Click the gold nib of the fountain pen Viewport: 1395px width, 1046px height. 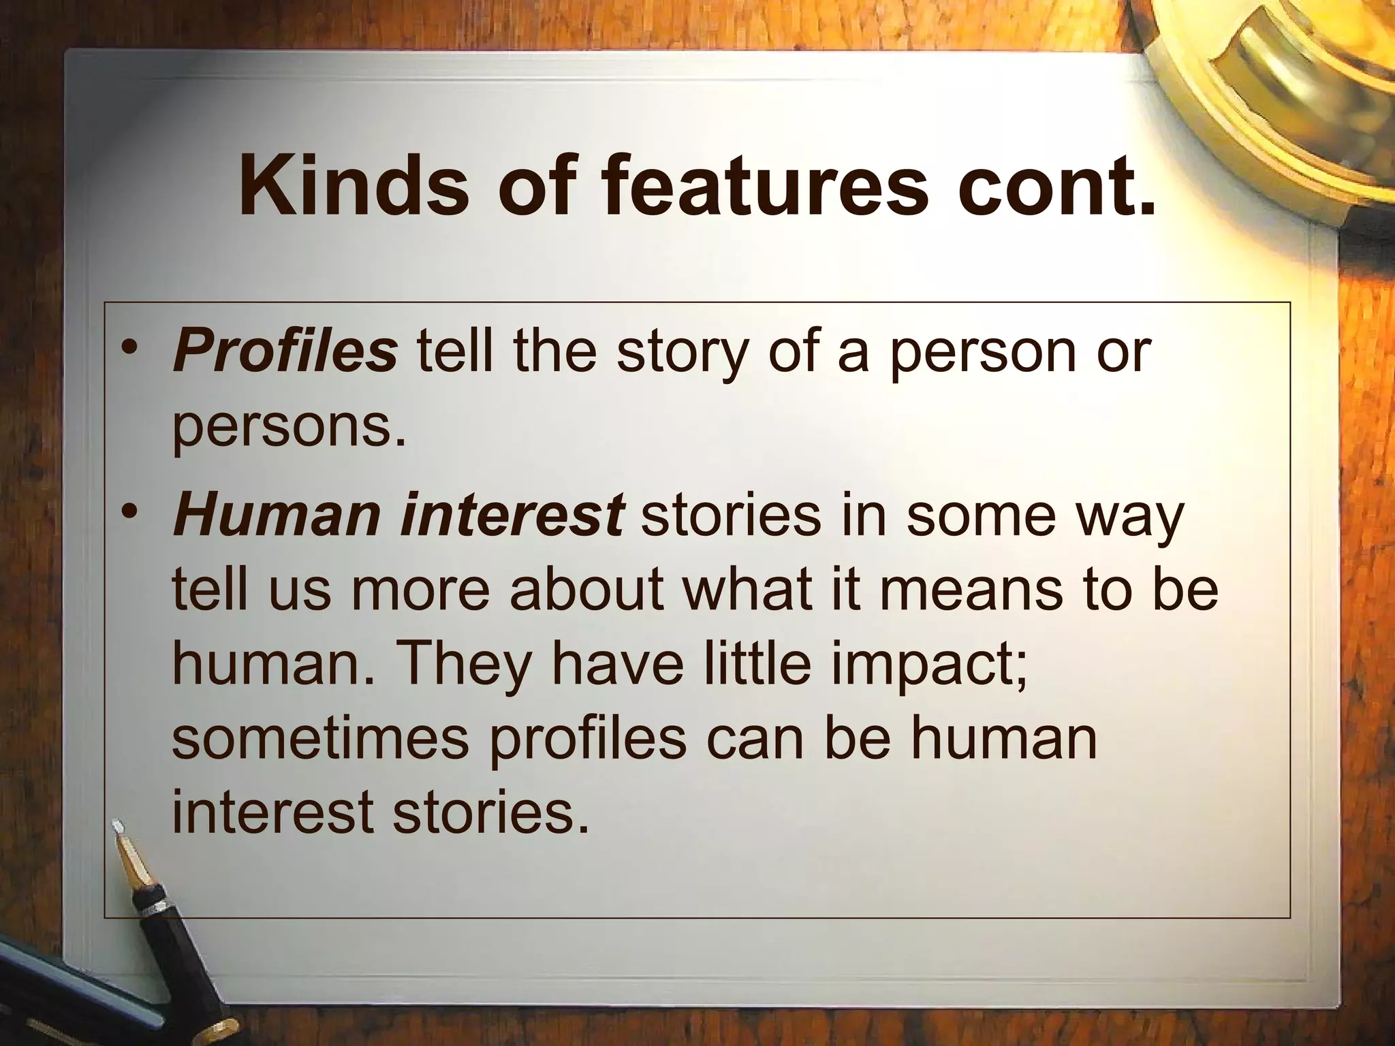[133, 859]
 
